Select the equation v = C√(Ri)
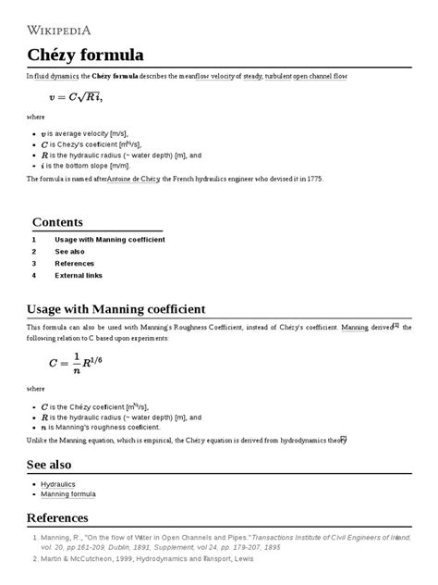[x=76, y=97]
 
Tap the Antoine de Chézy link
[x=136, y=179]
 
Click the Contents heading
[x=57, y=222]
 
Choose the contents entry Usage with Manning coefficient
[x=110, y=240]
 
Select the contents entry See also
[x=69, y=252]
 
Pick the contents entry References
[x=75, y=264]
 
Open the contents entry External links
[x=79, y=276]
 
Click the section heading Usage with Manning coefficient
[x=116, y=308]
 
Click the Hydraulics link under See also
[x=58, y=484]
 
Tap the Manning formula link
[x=69, y=495]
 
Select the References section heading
[x=57, y=517]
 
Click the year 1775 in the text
[x=316, y=179]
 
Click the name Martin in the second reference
[x=50, y=559]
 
